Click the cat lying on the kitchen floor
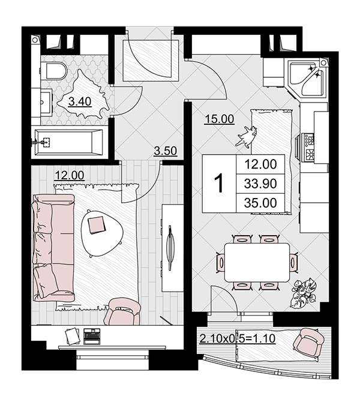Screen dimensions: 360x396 coord(247,136)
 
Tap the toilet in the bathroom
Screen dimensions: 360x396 coord(55,71)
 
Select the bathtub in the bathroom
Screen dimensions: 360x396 coord(69,142)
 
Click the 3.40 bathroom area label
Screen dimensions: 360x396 coord(80,101)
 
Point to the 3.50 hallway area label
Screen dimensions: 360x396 coord(166,151)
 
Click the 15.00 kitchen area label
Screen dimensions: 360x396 coord(219,119)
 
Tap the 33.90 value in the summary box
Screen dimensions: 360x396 coord(260,184)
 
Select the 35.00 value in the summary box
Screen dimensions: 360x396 coord(260,203)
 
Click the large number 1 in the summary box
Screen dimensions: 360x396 coord(219,184)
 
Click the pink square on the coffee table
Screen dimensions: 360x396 coord(96,225)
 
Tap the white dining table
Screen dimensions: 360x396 coord(257,263)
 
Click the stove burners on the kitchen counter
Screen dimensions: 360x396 coord(309,148)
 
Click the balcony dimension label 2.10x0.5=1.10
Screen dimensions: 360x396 coord(237,338)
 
